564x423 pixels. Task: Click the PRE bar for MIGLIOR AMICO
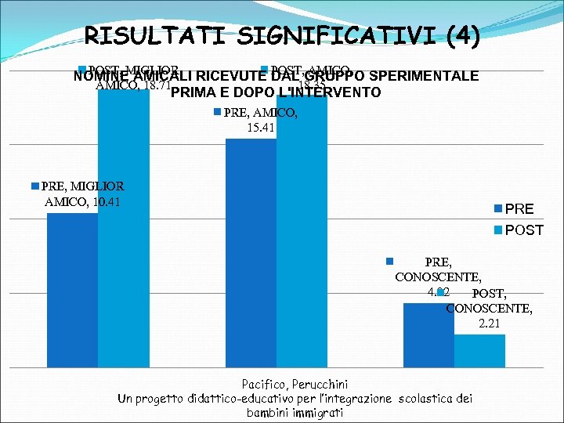(72, 290)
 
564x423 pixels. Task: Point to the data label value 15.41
(260, 127)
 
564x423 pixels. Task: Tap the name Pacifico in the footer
(266, 384)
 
